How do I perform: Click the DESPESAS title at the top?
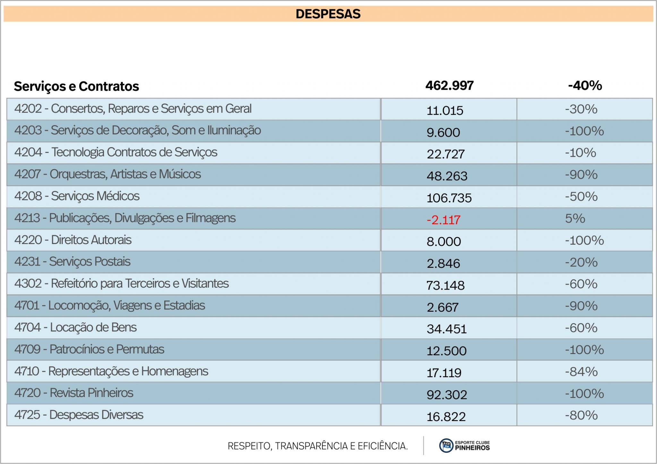[x=328, y=14]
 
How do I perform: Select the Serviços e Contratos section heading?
[x=76, y=86]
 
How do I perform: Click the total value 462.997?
[x=449, y=85]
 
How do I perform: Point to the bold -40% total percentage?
[x=585, y=85]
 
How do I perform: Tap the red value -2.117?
[x=443, y=220]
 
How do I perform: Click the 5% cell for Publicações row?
[x=575, y=218]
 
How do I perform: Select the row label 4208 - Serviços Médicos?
[x=77, y=196]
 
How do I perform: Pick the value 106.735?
[x=449, y=198]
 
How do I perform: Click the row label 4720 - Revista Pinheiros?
[x=74, y=393]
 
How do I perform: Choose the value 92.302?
[x=447, y=395]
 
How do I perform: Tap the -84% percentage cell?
[x=581, y=372]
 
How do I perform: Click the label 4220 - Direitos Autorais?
[x=73, y=240]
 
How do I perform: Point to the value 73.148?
[x=445, y=285]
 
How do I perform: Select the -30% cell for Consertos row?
[x=581, y=109]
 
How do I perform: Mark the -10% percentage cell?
[x=581, y=153]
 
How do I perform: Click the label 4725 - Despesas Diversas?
[x=79, y=415]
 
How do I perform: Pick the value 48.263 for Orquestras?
[x=447, y=176]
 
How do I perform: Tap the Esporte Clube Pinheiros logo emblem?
[x=446, y=446]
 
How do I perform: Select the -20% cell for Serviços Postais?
[x=581, y=262]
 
